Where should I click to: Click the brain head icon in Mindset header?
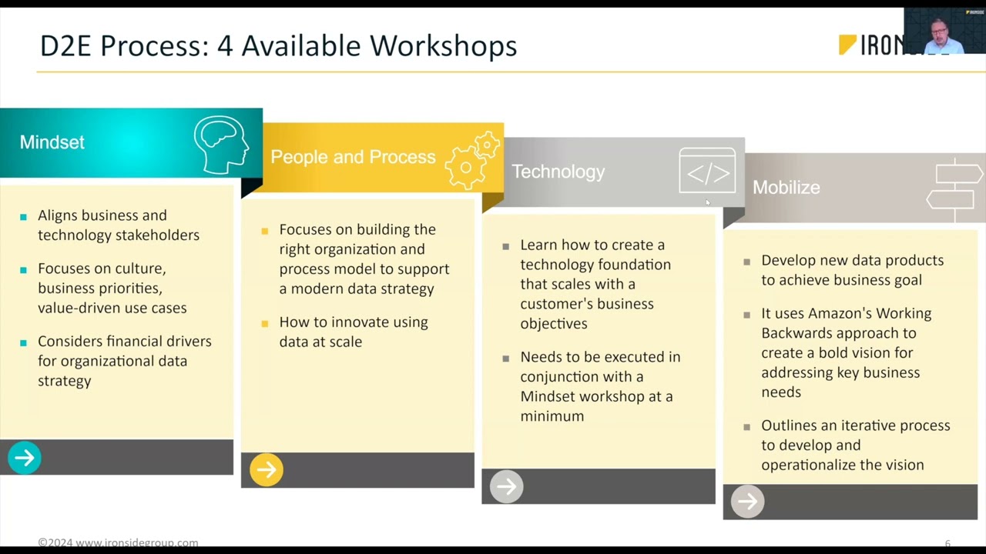tap(222, 144)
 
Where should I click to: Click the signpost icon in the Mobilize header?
tap(955, 189)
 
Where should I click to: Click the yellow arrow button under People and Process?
tap(267, 470)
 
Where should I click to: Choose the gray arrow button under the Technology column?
tap(507, 486)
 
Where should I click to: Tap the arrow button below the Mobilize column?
tap(747, 502)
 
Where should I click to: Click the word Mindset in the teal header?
tap(52, 142)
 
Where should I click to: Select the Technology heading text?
tap(558, 172)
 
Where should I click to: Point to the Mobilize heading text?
tap(786, 187)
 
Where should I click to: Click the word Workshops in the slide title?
tap(443, 45)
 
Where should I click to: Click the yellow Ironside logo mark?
tap(847, 45)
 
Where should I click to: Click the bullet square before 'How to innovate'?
tap(265, 322)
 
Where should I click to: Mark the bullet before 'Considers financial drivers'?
tap(24, 342)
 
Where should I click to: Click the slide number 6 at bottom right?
tap(947, 543)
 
